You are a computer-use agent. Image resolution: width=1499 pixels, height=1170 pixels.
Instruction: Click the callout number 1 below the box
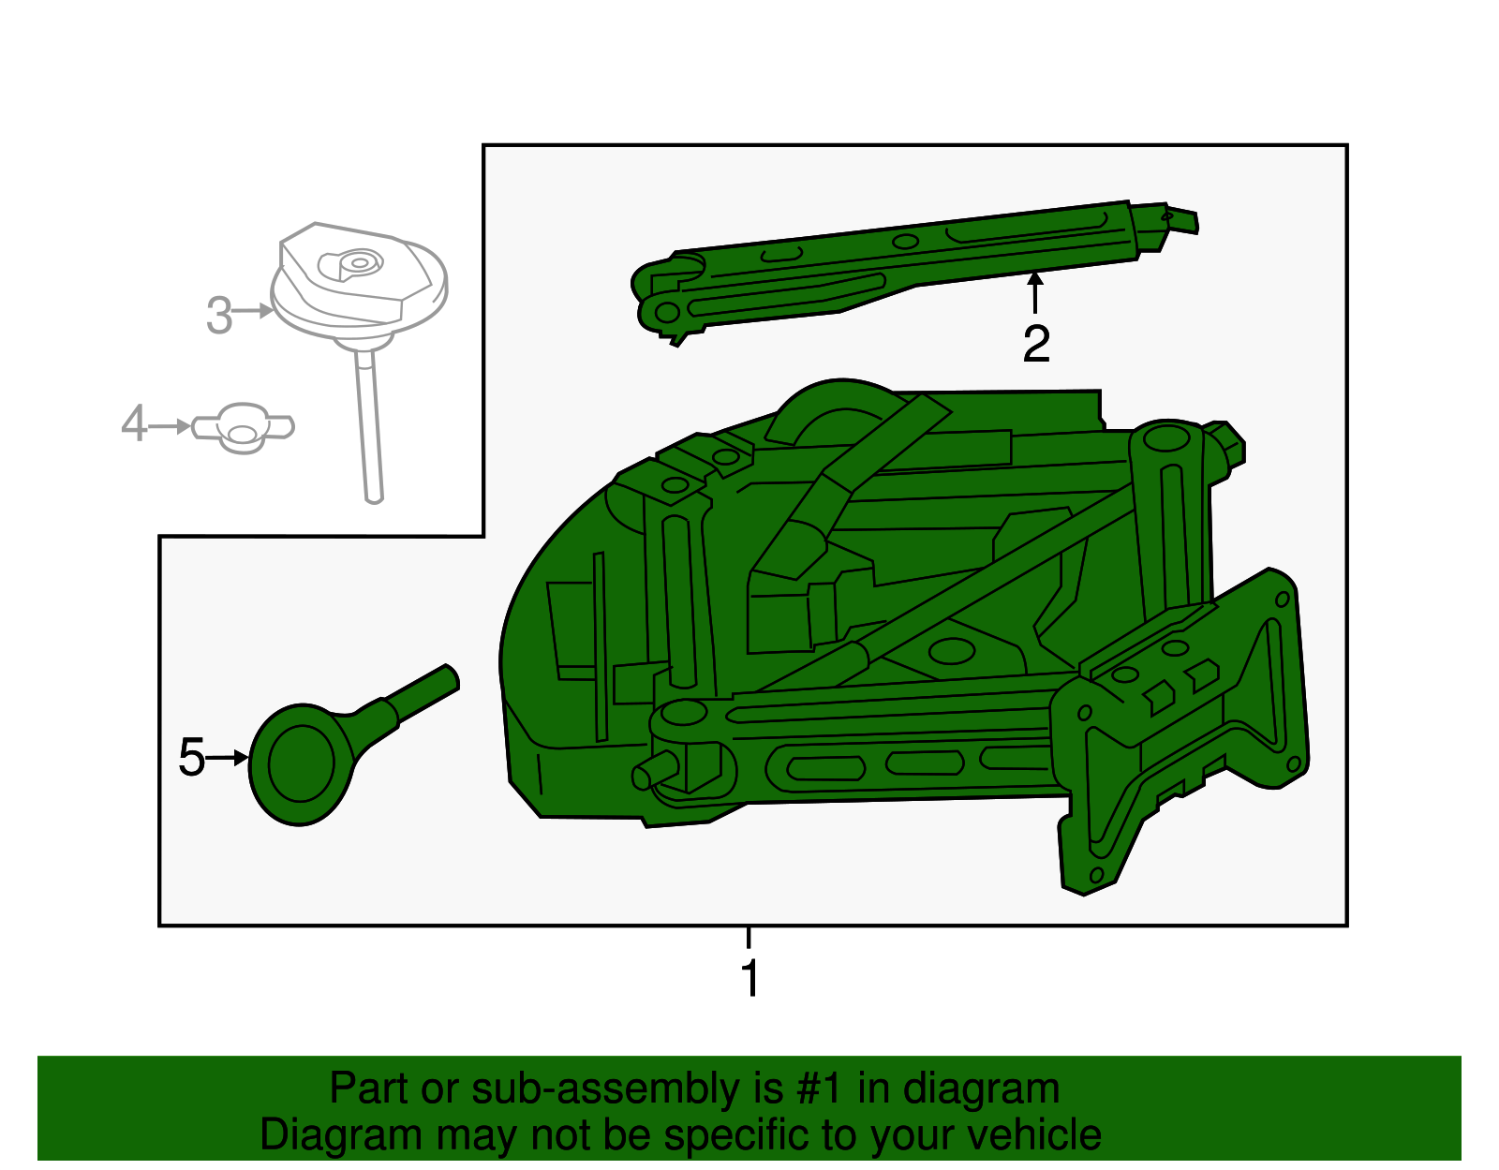click(749, 978)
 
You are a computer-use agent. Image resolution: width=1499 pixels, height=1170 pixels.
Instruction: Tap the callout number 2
click(1035, 344)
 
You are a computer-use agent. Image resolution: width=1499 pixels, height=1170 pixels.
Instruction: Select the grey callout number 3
click(218, 315)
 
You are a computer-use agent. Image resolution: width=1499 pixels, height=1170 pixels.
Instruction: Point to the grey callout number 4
click(134, 424)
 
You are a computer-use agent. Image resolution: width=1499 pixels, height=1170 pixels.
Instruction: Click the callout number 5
click(191, 757)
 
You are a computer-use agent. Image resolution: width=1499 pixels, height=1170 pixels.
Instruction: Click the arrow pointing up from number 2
click(1035, 289)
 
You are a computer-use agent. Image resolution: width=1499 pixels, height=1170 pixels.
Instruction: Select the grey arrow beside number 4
click(171, 426)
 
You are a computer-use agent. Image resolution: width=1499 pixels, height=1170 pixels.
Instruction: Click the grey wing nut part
click(244, 429)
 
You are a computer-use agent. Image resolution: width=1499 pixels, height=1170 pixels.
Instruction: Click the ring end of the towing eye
click(300, 763)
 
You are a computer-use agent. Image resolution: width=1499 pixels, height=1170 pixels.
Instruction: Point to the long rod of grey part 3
click(368, 422)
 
